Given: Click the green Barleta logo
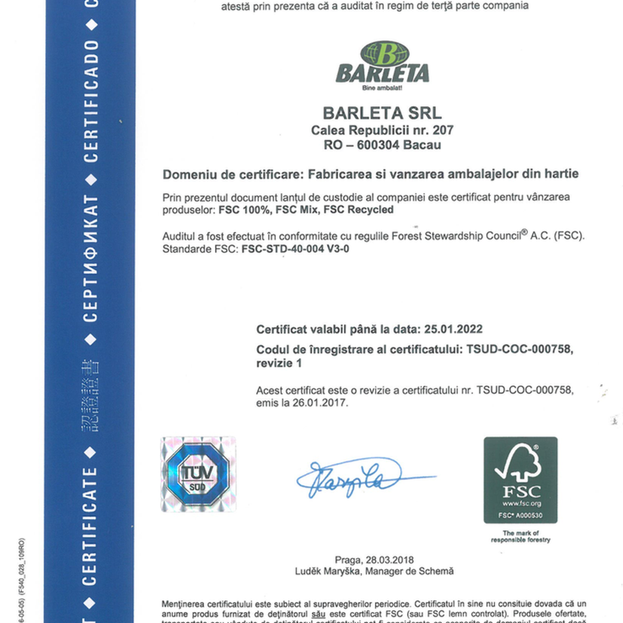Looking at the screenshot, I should coord(382,65).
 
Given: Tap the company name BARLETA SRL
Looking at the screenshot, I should coord(382,112).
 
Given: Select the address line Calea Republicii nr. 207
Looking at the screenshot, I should coord(382,131).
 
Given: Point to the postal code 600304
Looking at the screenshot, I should coord(384,145).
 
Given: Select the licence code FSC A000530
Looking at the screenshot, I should coord(519,514).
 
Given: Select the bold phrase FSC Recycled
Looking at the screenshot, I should coord(358,208).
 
